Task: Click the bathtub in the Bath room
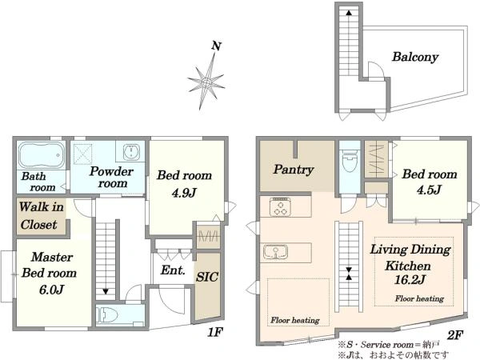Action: pos(42,155)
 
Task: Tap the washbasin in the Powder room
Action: pos(131,152)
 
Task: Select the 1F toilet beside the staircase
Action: pos(108,314)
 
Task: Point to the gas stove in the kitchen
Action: pos(279,207)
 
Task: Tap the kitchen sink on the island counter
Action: pos(275,252)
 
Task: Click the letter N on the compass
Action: pos(217,46)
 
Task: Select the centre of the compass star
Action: pos(206,82)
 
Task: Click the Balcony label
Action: pos(415,58)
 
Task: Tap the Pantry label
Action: pos(294,170)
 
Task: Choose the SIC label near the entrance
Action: pos(207,277)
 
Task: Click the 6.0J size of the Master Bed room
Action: pos(51,290)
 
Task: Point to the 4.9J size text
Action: pos(184,193)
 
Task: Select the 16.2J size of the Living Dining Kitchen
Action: pos(410,280)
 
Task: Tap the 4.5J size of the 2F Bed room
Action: pos(429,190)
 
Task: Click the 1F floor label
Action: pos(214,333)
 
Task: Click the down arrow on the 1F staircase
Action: pos(106,291)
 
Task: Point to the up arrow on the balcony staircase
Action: pos(349,13)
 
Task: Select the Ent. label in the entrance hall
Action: pos(173,270)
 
